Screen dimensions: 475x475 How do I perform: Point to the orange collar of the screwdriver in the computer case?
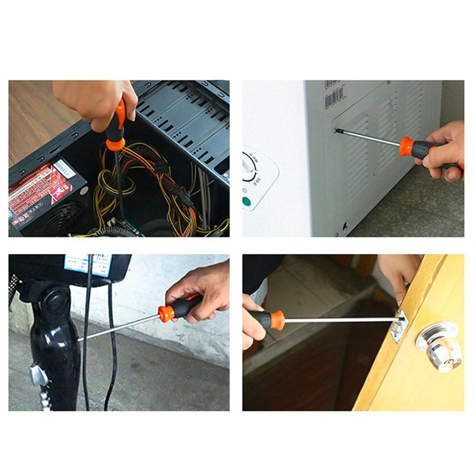tap(115, 143)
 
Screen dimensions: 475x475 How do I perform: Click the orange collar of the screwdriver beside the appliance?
tap(406, 146)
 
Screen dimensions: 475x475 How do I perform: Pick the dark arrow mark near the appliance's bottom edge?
tap(345, 227)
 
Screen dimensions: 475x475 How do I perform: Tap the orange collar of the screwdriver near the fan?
tap(166, 313)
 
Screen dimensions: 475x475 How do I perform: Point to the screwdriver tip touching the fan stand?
tap(79, 340)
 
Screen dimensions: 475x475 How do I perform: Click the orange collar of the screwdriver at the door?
tap(277, 320)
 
